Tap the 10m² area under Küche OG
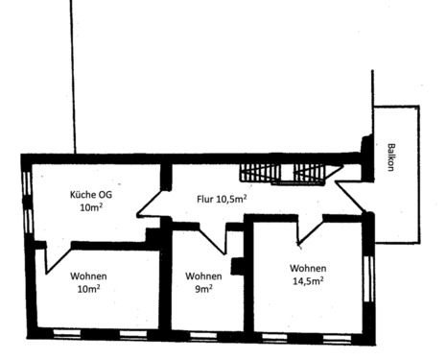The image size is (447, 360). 90,207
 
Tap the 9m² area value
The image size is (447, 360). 204,288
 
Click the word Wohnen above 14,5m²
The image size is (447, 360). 307,268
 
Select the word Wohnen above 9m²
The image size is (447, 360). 204,276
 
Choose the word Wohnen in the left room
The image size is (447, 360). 88,276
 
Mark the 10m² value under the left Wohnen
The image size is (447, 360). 88,289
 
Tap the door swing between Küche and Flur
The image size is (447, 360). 152,204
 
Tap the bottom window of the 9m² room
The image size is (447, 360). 203,336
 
